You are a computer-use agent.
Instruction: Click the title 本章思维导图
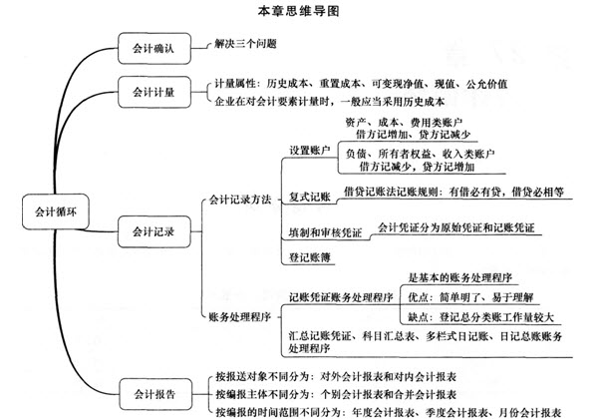point(298,10)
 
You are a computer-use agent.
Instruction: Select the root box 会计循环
point(56,211)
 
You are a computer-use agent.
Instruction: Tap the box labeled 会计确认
point(154,48)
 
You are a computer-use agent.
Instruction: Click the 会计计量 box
point(154,92)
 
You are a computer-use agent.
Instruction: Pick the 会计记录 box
point(154,231)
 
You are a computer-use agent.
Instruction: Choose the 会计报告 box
point(155,394)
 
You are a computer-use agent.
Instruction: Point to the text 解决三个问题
point(246,44)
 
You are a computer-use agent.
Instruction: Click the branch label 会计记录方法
point(240,200)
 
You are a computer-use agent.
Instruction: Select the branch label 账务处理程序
point(240,317)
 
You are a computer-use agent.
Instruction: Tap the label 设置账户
point(310,150)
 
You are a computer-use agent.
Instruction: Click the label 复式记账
point(310,197)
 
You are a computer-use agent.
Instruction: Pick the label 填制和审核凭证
point(325,232)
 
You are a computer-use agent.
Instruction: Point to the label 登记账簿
point(310,257)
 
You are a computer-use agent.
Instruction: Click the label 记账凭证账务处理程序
point(341,297)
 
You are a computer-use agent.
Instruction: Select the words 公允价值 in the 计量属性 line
point(486,84)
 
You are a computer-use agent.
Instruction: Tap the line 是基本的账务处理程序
point(460,277)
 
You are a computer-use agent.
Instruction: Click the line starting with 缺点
point(481,317)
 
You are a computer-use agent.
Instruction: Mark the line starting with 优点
point(470,297)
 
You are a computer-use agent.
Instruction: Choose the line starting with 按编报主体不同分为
point(336,394)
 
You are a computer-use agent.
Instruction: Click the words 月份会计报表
point(530,412)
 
